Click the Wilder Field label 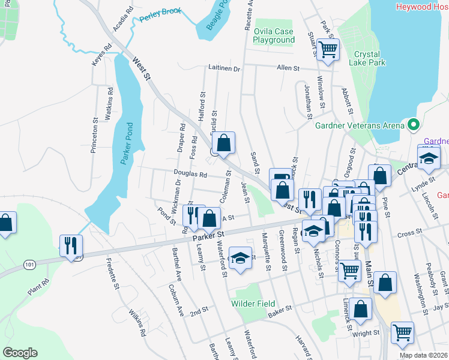[x=253, y=304]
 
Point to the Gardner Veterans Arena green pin [x=412, y=125]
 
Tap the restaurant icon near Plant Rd [x=71, y=244]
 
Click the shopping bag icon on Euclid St [x=223, y=143]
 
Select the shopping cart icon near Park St [x=328, y=49]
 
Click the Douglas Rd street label [x=190, y=175]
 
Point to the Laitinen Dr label [x=224, y=69]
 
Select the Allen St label [x=288, y=68]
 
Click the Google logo [x=20, y=353]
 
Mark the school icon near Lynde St [x=429, y=158]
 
